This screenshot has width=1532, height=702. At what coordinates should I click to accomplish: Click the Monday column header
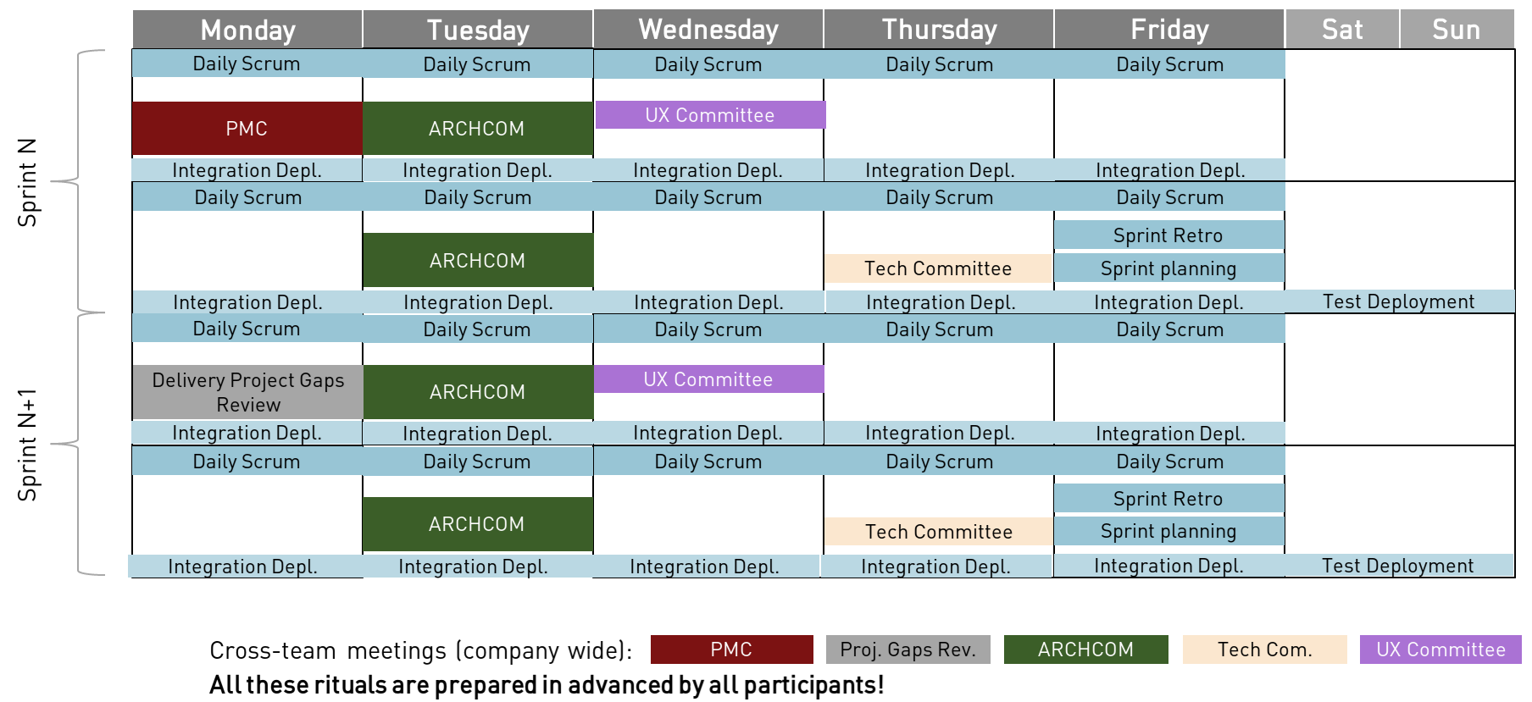(247, 30)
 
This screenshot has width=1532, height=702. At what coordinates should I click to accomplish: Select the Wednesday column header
(708, 30)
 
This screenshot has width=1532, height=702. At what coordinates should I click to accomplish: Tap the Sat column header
(1342, 30)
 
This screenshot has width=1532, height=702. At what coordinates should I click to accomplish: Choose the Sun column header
(1457, 30)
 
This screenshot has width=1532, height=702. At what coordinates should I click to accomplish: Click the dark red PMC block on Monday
(247, 129)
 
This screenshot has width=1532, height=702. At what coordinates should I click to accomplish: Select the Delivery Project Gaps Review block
(247, 392)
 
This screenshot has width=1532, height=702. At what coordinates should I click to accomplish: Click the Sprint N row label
(28, 182)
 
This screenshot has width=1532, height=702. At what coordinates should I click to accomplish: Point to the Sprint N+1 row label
(28, 445)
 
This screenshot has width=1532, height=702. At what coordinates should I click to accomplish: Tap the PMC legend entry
(731, 649)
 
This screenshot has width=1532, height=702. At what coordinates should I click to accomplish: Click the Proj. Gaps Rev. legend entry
(908, 649)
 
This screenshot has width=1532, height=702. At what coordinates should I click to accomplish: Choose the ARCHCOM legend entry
(1085, 649)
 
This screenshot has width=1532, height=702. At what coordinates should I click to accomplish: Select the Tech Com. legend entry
(1264, 649)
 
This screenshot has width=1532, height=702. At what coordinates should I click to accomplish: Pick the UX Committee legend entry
(1440, 649)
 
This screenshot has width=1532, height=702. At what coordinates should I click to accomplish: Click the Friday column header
(1169, 30)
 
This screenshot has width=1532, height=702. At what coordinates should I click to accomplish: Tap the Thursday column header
(939, 30)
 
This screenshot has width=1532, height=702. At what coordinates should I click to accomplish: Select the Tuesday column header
(478, 30)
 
